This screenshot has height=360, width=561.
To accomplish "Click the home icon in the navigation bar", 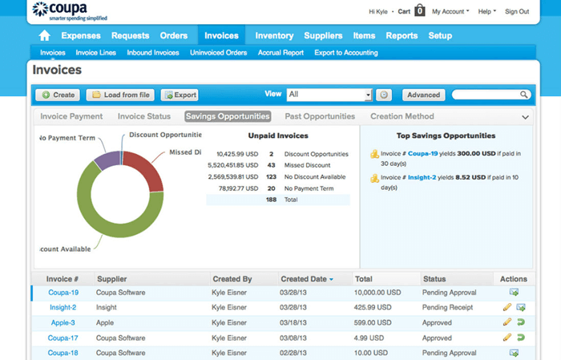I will [x=45, y=36].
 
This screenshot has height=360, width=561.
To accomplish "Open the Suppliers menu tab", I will [x=323, y=36].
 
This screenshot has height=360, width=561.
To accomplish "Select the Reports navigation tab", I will [x=402, y=36].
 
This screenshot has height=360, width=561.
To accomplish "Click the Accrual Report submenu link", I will [x=280, y=53].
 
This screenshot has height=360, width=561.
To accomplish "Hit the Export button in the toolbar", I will [x=179, y=95].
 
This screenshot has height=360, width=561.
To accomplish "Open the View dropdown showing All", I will [x=329, y=95].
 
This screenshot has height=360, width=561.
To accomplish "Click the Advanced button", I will [x=423, y=95].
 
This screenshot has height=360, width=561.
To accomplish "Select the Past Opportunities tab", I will [x=319, y=116].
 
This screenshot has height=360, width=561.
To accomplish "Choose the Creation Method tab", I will [x=402, y=116].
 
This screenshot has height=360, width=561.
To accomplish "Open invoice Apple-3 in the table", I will [x=63, y=322].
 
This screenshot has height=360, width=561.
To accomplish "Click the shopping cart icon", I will [x=419, y=11].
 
